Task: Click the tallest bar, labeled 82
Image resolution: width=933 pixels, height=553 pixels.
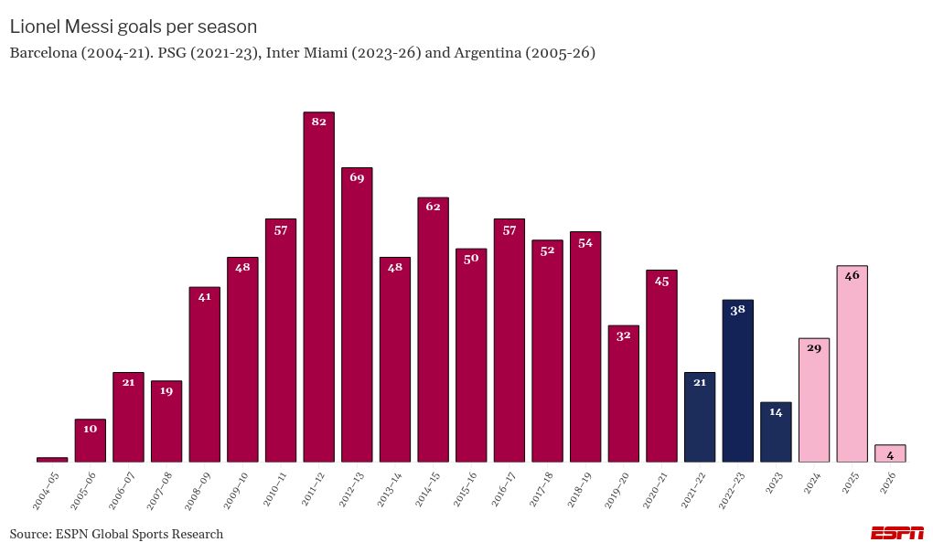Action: (x=318, y=288)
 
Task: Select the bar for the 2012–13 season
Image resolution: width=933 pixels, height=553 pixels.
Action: (x=357, y=315)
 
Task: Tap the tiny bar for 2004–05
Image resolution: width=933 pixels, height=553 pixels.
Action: (x=52, y=459)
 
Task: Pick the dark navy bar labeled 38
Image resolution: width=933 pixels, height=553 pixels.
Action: (x=737, y=381)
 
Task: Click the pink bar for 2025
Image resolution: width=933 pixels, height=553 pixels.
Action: (x=852, y=364)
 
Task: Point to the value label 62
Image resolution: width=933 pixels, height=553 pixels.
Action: (x=433, y=207)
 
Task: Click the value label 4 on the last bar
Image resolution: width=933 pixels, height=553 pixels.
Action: (x=890, y=454)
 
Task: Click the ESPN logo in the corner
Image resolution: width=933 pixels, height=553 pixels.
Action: (x=896, y=533)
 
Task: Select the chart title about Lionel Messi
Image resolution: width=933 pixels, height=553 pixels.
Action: (x=134, y=27)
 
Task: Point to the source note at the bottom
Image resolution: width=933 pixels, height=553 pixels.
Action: (x=116, y=534)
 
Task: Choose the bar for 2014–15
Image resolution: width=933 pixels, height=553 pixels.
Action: (x=433, y=330)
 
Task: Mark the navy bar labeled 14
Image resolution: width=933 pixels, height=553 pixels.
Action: (x=776, y=432)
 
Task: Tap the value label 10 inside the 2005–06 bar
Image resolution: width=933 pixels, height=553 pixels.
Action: (x=90, y=429)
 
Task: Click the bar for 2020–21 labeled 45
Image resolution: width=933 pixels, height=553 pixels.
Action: (x=661, y=366)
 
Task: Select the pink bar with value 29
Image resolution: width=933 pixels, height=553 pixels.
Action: (x=813, y=400)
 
